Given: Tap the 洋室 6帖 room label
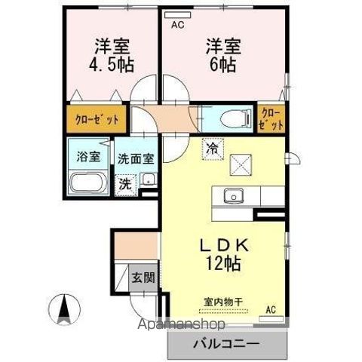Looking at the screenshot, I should pyautogui.click(x=220, y=54).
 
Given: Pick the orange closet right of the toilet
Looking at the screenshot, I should pyautogui.click(x=270, y=118).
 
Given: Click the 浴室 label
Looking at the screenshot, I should pyautogui.click(x=88, y=157).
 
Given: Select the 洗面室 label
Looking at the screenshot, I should pyautogui.click(x=137, y=159).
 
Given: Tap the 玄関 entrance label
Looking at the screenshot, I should pyautogui.click(x=143, y=277).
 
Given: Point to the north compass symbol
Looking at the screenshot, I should pyautogui.click(x=64, y=307).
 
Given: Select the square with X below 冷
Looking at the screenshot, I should pyautogui.click(x=241, y=164).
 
